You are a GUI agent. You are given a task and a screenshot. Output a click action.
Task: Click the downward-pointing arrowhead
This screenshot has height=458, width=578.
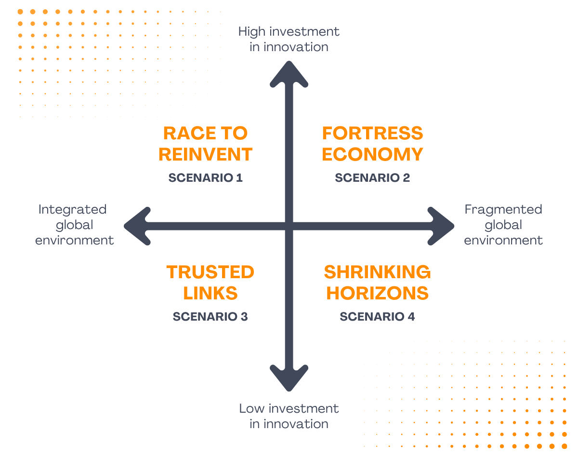(x=289, y=379)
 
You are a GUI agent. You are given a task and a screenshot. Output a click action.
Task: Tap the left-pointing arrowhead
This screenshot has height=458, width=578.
(x=137, y=226)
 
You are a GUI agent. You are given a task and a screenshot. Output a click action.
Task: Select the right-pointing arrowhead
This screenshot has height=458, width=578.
(x=441, y=226)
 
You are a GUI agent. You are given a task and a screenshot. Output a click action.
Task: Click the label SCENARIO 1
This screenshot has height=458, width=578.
(x=206, y=178)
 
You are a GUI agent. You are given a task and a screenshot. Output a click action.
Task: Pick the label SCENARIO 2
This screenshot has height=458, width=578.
(x=372, y=178)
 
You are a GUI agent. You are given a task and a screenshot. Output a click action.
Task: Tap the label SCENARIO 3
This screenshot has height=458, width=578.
(x=210, y=317)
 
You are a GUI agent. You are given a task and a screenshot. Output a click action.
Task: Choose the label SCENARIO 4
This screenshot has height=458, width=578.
(x=377, y=317)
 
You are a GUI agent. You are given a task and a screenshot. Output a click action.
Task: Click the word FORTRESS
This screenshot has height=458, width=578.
(x=372, y=134)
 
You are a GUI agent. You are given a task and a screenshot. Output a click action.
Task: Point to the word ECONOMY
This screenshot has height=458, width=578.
(x=372, y=155)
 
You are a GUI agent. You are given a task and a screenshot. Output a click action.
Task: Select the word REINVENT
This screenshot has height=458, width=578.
(x=206, y=155)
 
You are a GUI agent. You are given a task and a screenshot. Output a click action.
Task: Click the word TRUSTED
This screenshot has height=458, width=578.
(x=210, y=272)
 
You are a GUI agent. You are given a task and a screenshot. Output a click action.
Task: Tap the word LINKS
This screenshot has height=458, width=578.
(x=210, y=294)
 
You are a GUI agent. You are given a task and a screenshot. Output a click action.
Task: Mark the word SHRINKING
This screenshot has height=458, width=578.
(x=377, y=272)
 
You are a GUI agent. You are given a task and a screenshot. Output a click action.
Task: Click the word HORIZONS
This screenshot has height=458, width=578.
(x=377, y=294)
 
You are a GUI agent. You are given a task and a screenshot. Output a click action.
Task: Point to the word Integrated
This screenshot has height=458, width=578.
(x=72, y=210)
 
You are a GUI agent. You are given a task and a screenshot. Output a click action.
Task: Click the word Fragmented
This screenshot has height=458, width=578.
(x=503, y=210)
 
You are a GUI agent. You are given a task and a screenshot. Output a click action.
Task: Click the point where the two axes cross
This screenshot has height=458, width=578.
(x=289, y=226)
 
